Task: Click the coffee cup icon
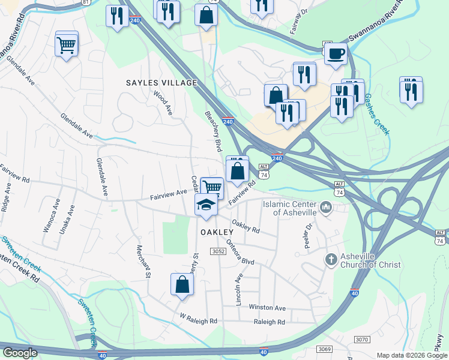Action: coord(336,53)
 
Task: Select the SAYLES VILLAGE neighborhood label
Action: coord(161,82)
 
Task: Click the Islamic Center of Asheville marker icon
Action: coord(326,208)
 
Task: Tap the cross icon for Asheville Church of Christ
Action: coord(330,260)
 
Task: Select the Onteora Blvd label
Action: coord(240,253)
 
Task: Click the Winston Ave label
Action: coord(268,307)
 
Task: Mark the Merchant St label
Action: coord(143,262)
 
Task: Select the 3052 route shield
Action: coord(217,251)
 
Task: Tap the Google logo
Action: coord(20,353)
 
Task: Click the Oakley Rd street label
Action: coord(246,226)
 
